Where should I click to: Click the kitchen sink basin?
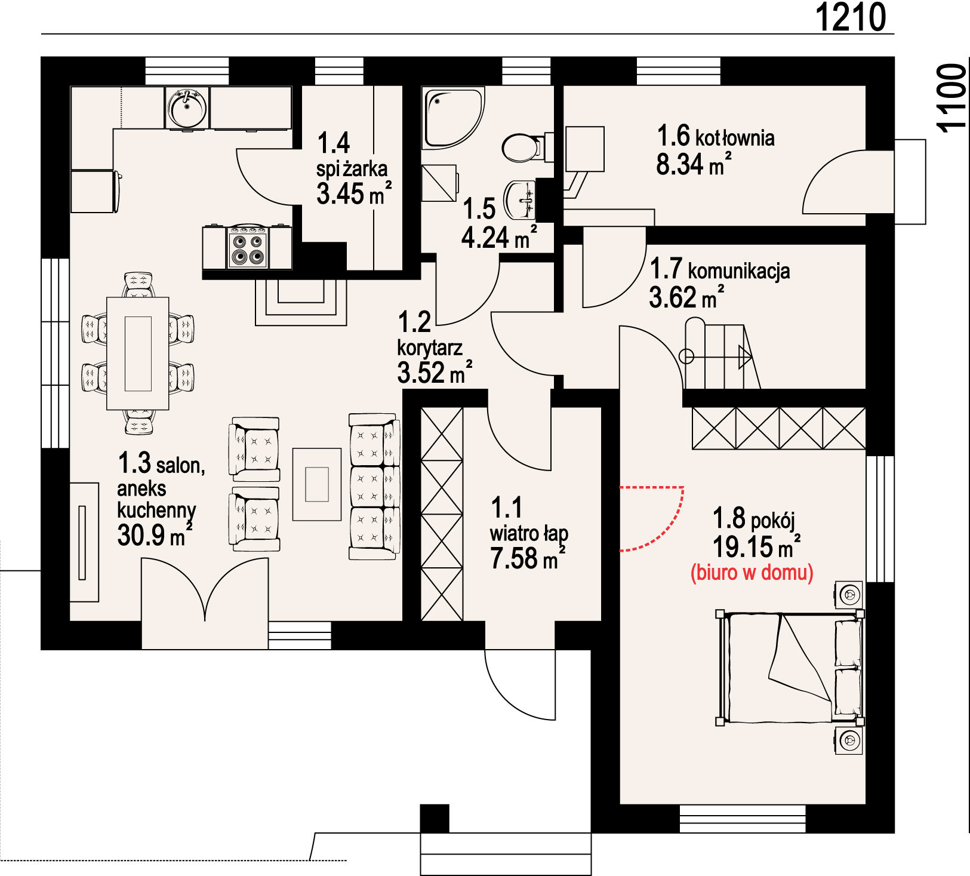187,108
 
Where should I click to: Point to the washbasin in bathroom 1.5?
521,200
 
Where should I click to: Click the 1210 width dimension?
851,17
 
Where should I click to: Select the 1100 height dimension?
951,97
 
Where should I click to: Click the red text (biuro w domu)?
752,573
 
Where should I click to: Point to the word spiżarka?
352,169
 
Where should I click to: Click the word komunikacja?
739,271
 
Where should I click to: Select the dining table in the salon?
138,354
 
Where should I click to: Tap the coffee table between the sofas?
317,484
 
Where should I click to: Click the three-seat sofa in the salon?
374,487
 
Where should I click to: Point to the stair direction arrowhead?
745,357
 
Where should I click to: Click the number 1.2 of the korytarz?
414,322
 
